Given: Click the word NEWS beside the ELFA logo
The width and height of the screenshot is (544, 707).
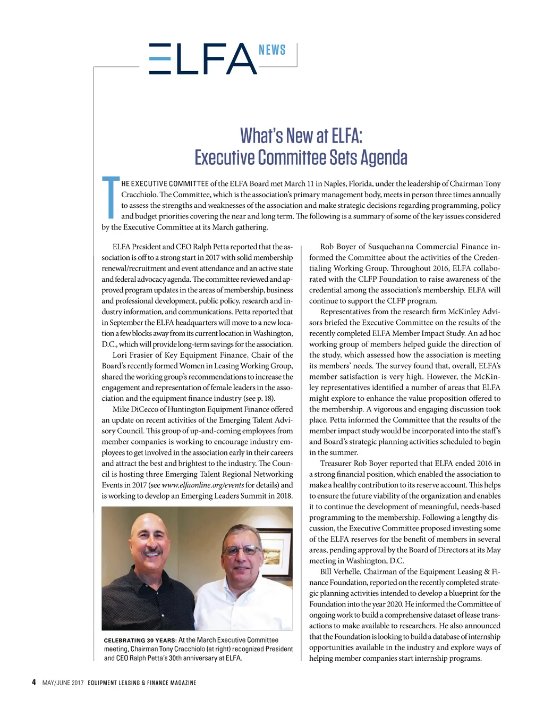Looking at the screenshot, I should (272, 50).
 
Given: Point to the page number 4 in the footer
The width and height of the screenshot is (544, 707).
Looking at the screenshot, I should (34, 682).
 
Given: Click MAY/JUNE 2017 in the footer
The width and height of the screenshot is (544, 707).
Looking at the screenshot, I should (63, 683).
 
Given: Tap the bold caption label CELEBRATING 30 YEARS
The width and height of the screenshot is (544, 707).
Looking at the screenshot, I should (140, 641).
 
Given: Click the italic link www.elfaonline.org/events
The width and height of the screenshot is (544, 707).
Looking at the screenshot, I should (202, 485).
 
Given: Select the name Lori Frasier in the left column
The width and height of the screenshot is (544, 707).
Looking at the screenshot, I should (132, 355).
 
